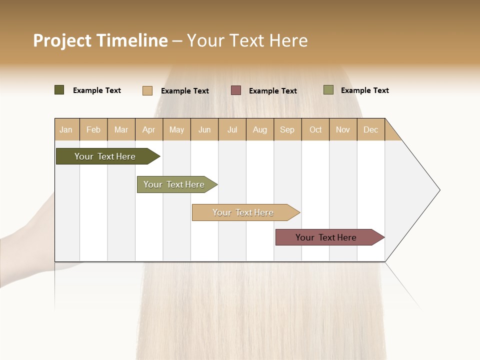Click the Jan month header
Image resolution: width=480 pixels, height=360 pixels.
[66, 129]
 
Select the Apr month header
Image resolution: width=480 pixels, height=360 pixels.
[148, 129]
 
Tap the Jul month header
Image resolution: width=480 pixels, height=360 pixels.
[232, 129]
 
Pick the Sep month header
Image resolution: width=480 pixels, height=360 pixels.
[287, 129]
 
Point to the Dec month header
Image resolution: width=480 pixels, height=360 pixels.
[370, 129]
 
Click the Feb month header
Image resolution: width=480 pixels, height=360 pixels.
[93, 129]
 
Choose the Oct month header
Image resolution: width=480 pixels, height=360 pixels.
[315, 129]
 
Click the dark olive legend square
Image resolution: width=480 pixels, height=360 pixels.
[59, 90]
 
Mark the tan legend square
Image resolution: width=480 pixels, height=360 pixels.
[147, 90]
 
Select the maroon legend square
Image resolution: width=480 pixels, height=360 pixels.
[236, 90]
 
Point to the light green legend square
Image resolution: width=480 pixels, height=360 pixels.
[328, 90]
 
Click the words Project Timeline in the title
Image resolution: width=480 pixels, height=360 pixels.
[100, 40]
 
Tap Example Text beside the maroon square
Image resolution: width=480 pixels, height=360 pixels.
[273, 91]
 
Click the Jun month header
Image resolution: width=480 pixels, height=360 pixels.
[204, 129]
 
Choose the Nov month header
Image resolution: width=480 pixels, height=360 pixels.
[343, 129]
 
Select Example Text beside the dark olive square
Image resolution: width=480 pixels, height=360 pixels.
[97, 90]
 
